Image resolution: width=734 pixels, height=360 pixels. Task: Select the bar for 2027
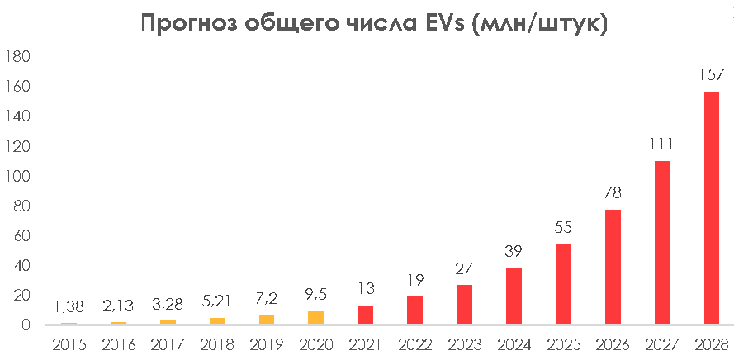pos(661,243)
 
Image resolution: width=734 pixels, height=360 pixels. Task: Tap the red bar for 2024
pos(514,296)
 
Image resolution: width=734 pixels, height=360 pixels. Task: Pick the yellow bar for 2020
pos(315,318)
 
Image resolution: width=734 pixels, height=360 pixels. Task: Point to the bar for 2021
pos(365,315)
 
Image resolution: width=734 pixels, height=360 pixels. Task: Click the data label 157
pos(711,75)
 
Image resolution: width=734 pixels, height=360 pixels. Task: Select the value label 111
pos(661,144)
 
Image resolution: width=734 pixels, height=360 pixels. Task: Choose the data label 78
pos(612,192)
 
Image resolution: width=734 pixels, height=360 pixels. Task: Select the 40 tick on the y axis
pos(21,266)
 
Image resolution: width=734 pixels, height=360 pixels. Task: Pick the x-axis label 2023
pos(464,344)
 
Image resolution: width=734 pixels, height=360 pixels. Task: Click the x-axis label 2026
pos(612,344)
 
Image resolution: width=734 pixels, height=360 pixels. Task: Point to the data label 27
pos(464,268)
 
